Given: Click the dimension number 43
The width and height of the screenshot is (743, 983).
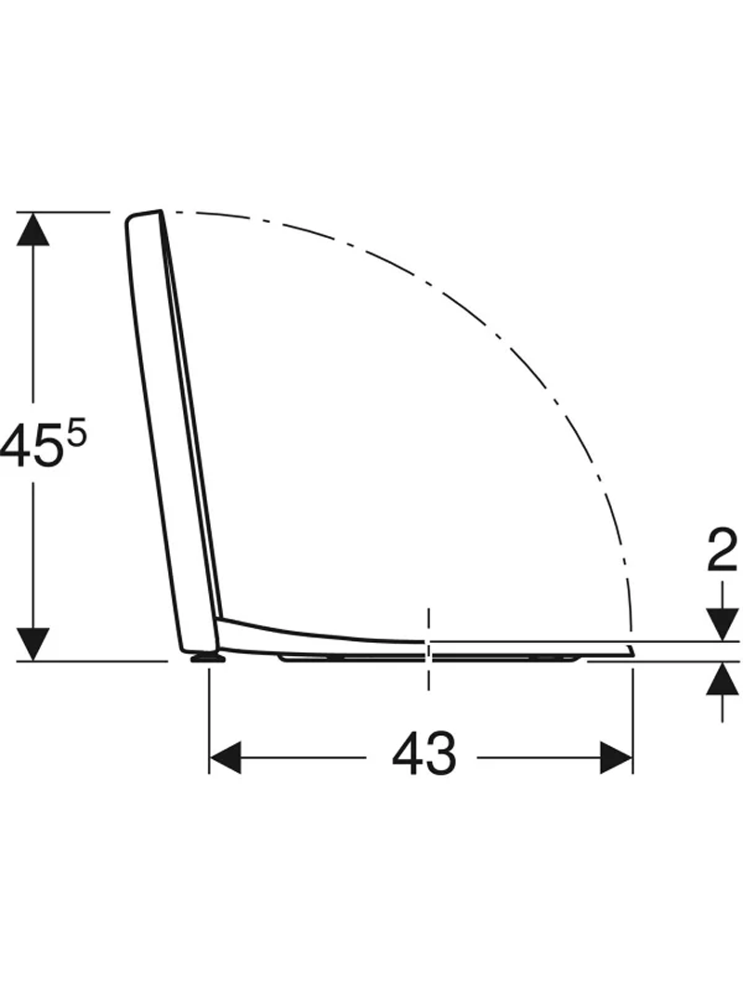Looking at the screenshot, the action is coord(424,754).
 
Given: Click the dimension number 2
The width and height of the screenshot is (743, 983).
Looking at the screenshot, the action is coord(723,549).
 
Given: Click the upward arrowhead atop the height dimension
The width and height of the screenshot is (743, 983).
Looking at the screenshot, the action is coord(33,229).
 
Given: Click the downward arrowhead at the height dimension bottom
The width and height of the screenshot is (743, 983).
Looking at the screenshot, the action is coord(33,644).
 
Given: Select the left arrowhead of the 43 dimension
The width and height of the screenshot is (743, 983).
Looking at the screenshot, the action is coord(226,757).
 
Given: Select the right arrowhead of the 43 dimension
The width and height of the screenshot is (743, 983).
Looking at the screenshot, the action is coord(617,757).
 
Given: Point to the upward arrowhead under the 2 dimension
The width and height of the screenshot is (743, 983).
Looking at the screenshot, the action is coord(723,679).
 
